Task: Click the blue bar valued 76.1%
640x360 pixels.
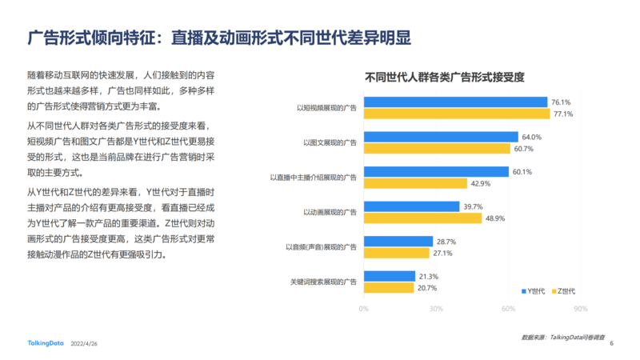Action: pos(455,102)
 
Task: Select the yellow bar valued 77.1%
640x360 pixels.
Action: pos(457,114)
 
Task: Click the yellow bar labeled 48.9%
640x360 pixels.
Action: pos(422,218)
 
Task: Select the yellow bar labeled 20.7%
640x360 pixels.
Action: pos(389,288)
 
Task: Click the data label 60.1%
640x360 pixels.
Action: pos(522,172)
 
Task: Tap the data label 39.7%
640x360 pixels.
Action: pos(473,206)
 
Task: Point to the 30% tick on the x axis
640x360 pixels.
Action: pos(436,308)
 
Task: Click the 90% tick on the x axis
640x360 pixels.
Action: pos(581,308)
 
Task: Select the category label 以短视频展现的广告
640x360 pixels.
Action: pos(326,108)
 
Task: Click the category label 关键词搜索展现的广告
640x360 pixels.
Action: pos(323,282)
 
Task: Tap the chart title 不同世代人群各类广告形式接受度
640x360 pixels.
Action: pos(445,78)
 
